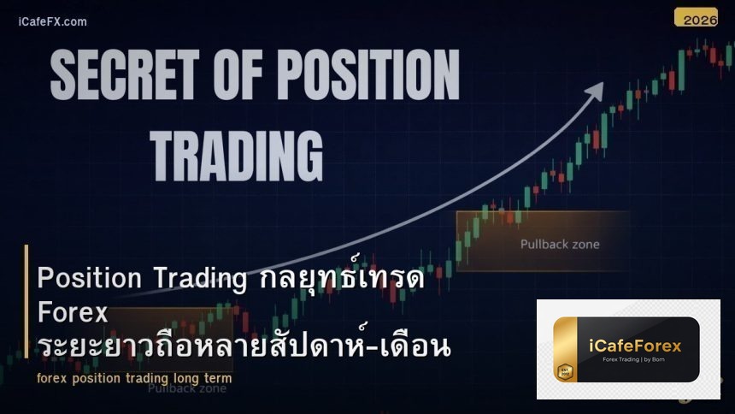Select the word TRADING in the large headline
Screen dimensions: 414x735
(237, 155)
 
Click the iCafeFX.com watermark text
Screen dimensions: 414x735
(52, 21)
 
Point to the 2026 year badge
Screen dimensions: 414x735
(695, 17)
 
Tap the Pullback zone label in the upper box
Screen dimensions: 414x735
(560, 244)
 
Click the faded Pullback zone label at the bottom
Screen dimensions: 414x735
(186, 388)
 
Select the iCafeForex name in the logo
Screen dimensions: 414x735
(635, 345)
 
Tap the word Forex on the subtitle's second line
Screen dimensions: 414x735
(73, 313)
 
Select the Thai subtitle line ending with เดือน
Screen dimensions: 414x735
(244, 346)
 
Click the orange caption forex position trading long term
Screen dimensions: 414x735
(134, 377)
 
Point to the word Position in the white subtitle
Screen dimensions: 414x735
(89, 279)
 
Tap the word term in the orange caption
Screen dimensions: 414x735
(217, 377)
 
